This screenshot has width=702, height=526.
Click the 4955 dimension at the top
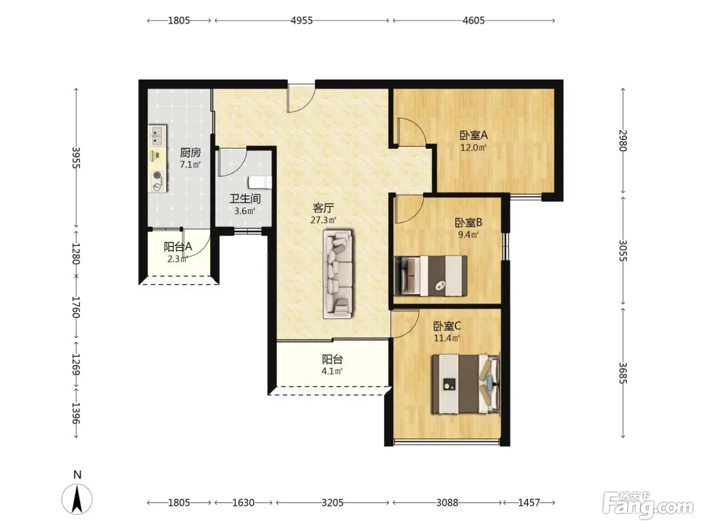coord(301,21)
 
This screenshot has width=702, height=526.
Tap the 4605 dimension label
coord(473,21)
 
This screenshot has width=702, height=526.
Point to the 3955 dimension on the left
coord(76,157)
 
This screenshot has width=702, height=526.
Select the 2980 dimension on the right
coord(623,141)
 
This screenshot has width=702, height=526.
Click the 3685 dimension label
coord(623,373)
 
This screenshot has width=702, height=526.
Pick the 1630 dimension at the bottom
coord(243,502)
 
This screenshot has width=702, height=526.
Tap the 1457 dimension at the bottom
coord(529,502)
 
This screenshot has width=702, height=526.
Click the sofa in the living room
coord(338,274)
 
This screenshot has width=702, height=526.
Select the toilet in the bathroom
coord(260,182)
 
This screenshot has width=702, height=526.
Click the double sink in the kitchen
coord(157,135)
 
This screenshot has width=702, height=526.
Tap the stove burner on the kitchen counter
coord(157,175)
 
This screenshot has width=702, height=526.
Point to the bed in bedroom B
coord(430,276)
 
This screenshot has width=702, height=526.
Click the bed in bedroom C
coord(465,384)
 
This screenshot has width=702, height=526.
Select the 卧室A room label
coord(473,135)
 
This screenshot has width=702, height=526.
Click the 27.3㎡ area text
coord(323,220)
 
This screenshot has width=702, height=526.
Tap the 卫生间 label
coord(245,199)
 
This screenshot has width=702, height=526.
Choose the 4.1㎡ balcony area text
coord(332,371)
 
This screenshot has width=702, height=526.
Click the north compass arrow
coord(77,499)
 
